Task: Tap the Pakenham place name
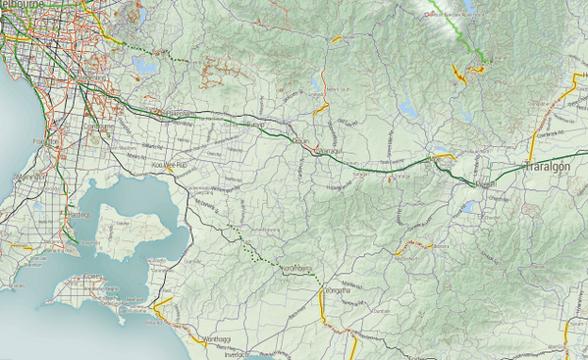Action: coord(173,113)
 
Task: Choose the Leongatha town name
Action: coord(338,292)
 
